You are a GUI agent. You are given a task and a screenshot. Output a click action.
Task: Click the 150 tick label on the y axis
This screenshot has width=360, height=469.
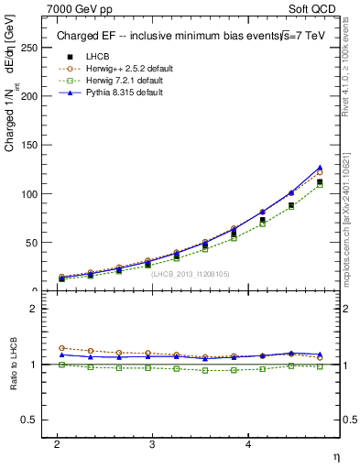point(31,145)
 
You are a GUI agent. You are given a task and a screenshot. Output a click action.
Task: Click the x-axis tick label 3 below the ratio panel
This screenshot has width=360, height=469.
point(152,443)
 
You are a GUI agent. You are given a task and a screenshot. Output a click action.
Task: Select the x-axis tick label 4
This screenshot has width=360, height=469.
point(247,443)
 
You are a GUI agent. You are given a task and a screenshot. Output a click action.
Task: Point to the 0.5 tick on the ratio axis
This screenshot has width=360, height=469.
point(31,420)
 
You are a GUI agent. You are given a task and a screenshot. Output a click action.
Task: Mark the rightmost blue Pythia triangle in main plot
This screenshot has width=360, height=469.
point(320,168)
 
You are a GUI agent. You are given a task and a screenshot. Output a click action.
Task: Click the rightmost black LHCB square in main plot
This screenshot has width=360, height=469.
point(320,181)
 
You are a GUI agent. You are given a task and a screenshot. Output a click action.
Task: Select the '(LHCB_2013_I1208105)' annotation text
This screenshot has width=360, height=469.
point(190,274)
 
